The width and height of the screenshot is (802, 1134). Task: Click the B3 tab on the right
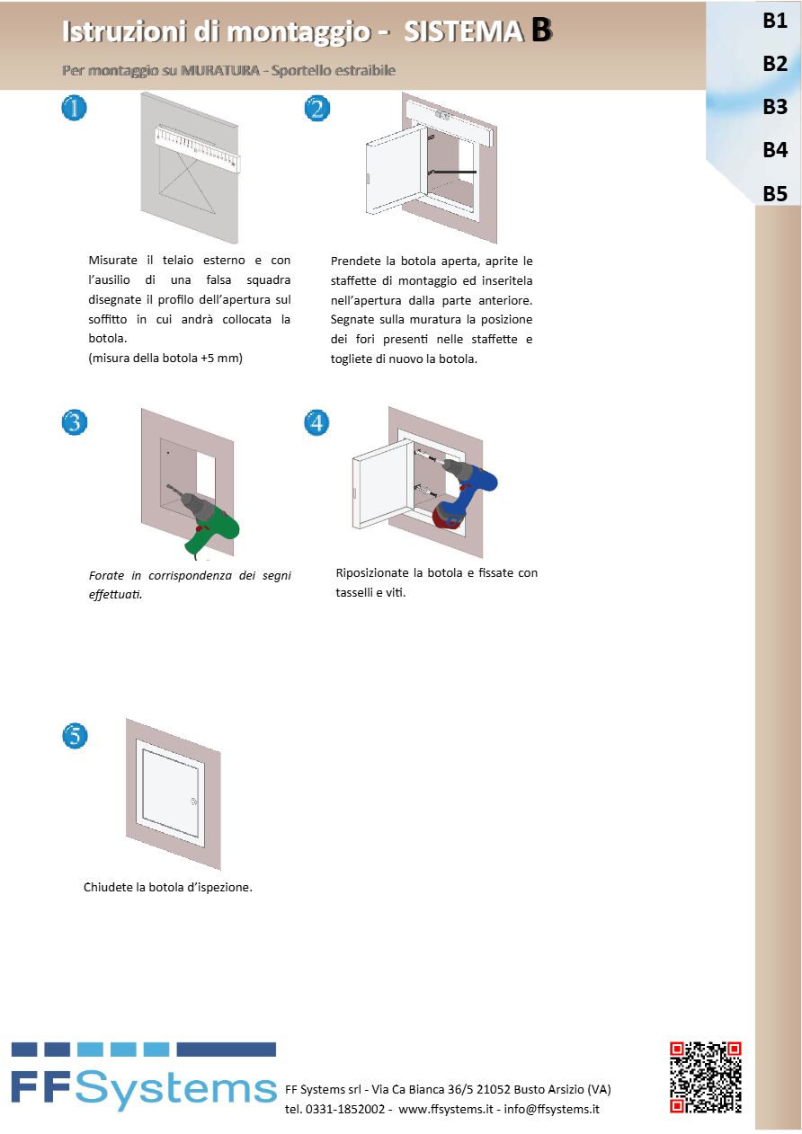[x=774, y=107]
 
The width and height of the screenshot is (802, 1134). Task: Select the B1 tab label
[x=774, y=22]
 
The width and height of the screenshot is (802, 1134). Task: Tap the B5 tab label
[x=774, y=193]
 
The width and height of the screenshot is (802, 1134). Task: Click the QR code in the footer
[x=706, y=1077]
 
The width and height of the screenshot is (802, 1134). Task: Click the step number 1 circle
[x=75, y=109]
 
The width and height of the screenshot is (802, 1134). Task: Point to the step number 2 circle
[x=316, y=109]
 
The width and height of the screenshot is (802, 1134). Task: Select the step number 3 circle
[x=75, y=422]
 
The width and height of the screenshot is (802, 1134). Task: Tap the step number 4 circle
[x=316, y=422]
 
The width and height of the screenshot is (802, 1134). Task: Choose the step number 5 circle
[x=75, y=736]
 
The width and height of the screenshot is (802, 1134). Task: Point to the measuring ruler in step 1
[x=199, y=145]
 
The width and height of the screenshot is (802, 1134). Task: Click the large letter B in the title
[x=541, y=31]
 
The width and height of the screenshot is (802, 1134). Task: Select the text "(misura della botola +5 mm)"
[x=165, y=358]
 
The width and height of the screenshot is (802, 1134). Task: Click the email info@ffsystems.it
[x=551, y=1109]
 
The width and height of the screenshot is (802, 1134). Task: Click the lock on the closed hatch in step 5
[x=194, y=801]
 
